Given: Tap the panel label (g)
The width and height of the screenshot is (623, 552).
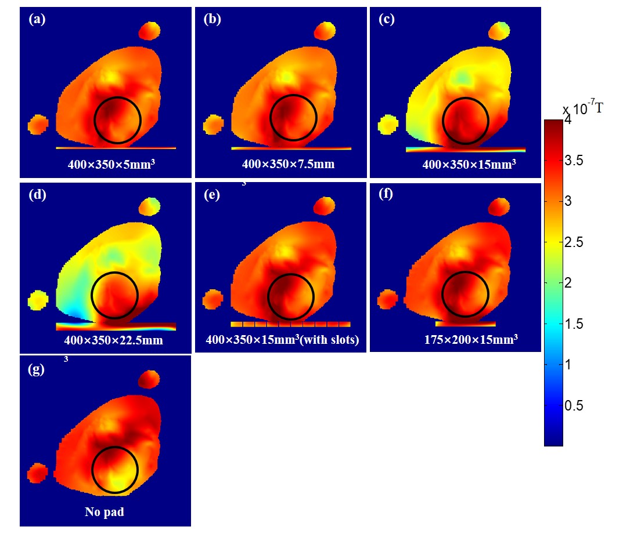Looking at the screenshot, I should pyautogui.click(x=37, y=369).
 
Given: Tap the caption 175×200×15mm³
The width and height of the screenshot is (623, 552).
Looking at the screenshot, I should pyautogui.click(x=470, y=340).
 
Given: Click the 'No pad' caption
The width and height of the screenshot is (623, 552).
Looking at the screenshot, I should pyautogui.click(x=105, y=512).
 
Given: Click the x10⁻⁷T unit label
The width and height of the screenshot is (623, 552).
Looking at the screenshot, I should pyautogui.click(x=582, y=108).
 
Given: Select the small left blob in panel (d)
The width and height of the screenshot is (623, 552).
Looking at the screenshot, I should pyautogui.click(x=38, y=300).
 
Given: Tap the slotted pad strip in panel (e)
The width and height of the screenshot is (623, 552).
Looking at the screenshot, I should pyautogui.click(x=290, y=324).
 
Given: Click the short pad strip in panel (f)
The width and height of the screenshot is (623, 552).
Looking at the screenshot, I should pyautogui.click(x=465, y=322).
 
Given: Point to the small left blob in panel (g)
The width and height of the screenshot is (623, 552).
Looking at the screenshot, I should pyautogui.click(x=38, y=473).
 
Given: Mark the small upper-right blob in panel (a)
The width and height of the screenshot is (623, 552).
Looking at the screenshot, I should pyautogui.click(x=150, y=30).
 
